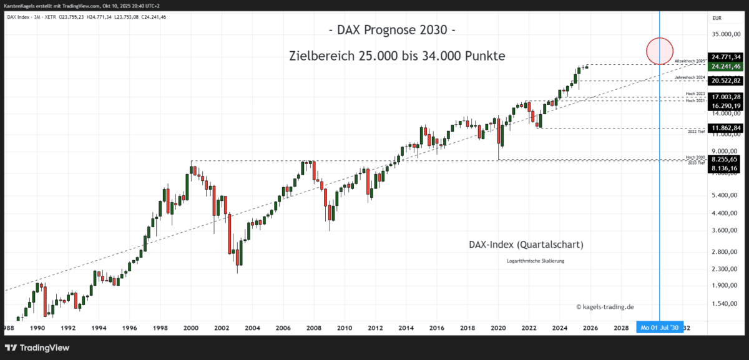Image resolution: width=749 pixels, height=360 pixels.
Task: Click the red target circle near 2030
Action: click(x=659, y=51)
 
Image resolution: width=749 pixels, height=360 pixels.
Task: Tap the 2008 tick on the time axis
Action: click(x=314, y=328)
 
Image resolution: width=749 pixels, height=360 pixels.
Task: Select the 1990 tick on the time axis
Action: click(x=37, y=328)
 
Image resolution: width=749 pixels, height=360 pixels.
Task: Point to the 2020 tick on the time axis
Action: click(x=498, y=328)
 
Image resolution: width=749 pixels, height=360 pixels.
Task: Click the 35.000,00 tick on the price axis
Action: click(x=725, y=35)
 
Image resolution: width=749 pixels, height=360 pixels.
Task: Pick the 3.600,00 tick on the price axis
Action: click(x=725, y=231)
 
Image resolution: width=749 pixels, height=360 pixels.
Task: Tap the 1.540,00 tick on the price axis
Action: click(x=725, y=304)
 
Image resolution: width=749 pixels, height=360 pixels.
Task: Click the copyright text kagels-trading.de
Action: click(x=605, y=306)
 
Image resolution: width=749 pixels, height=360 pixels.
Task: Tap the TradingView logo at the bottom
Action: click(x=37, y=348)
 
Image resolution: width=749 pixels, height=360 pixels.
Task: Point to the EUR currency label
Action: click(x=717, y=19)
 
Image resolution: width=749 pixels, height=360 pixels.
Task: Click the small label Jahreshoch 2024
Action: click(x=690, y=77)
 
